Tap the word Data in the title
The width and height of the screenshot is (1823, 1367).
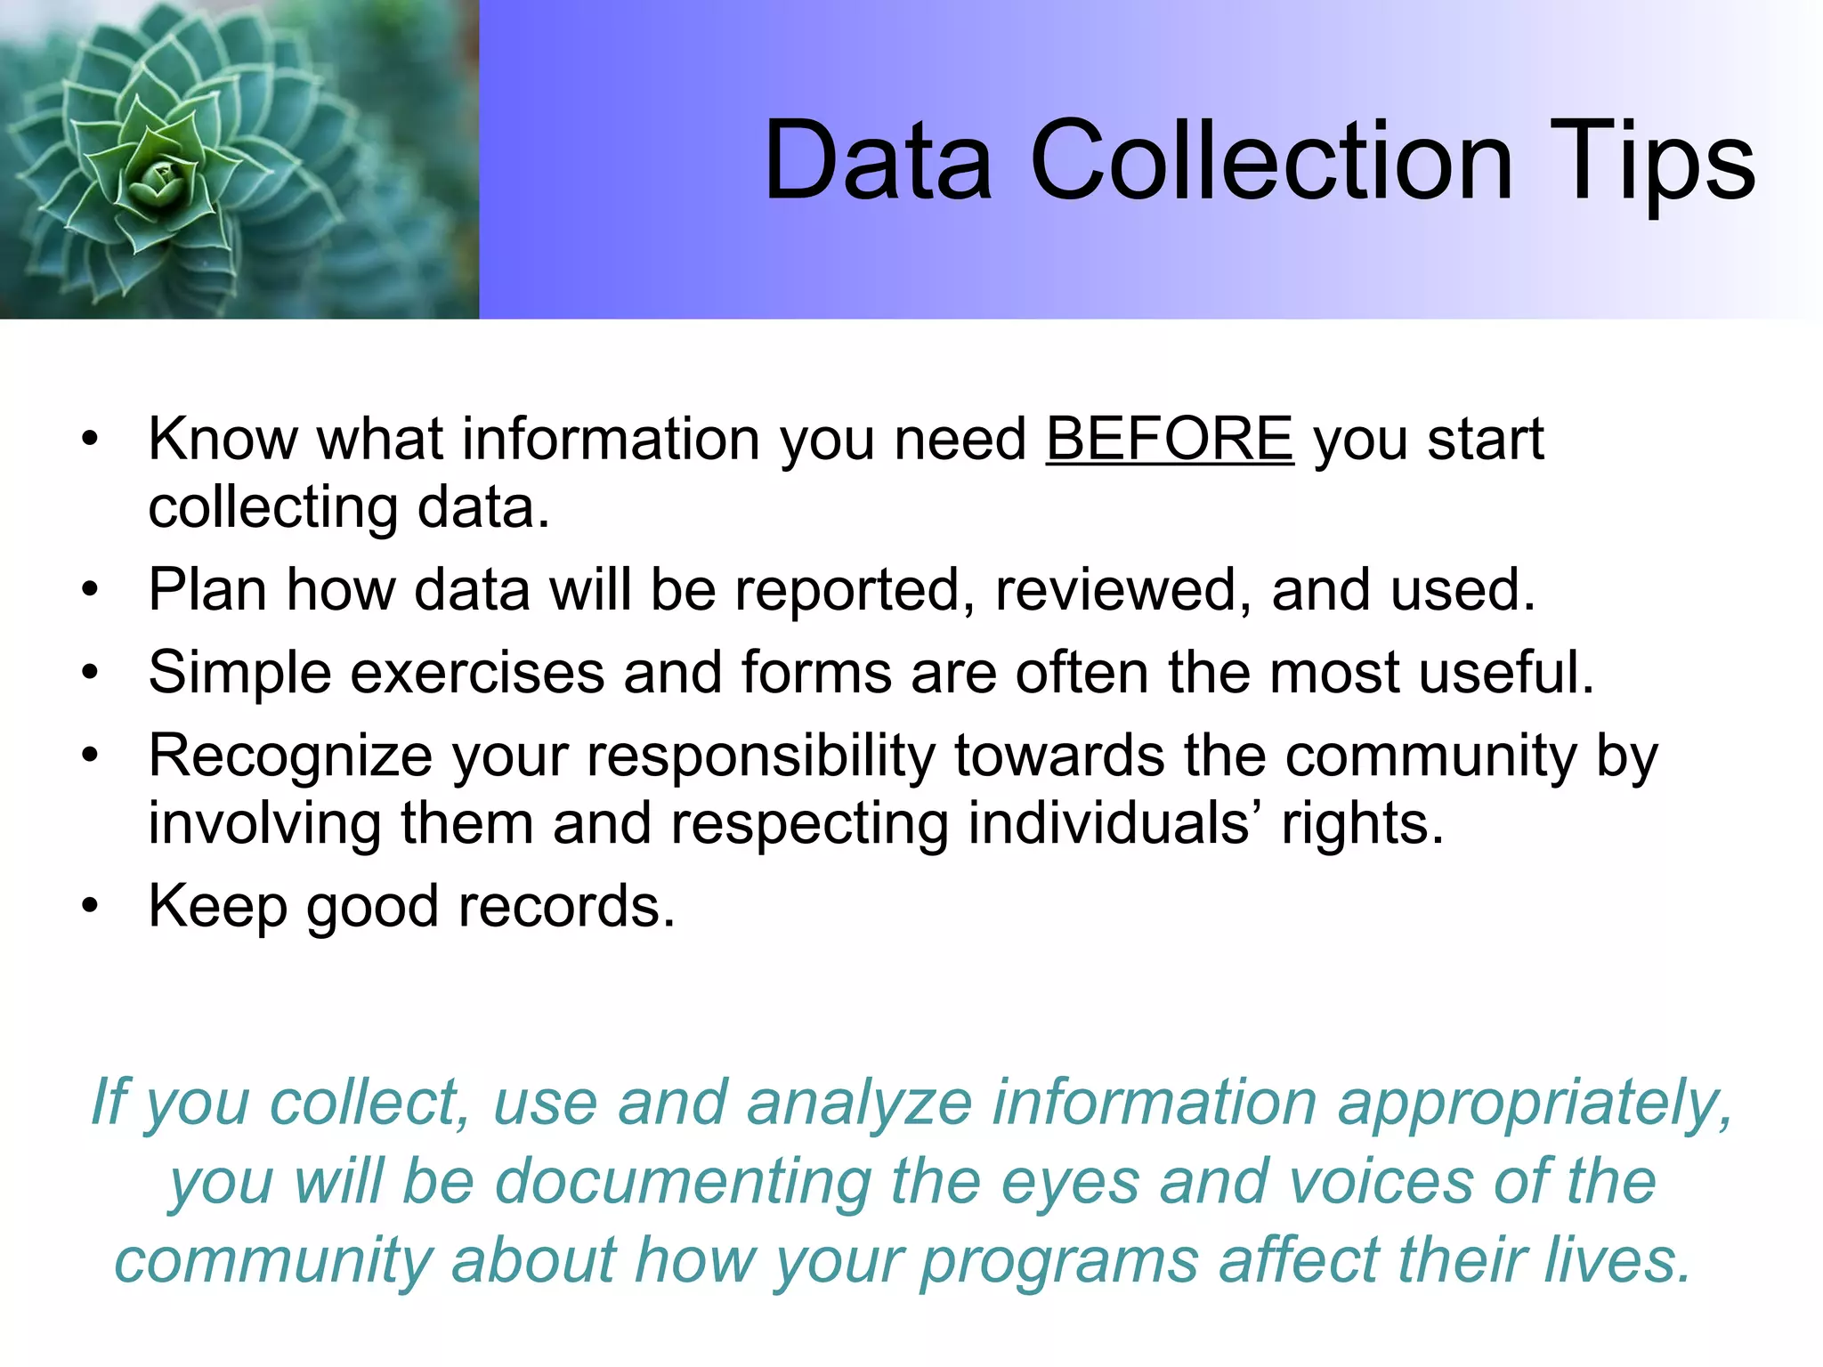point(878,162)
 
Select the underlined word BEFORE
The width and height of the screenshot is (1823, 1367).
point(1169,439)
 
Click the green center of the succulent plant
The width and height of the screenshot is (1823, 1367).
point(161,179)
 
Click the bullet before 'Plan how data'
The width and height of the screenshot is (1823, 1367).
point(90,590)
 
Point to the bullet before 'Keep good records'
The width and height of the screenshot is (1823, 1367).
point(90,906)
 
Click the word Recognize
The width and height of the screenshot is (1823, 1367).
point(290,756)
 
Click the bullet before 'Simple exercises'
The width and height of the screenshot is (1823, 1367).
point(90,673)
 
